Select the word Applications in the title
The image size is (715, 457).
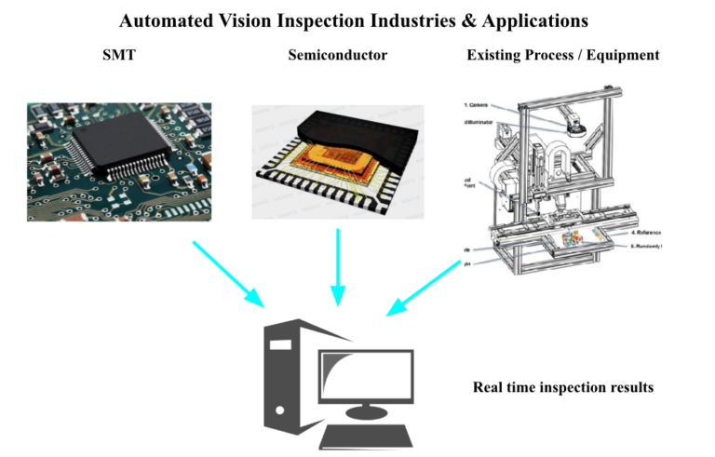(534, 20)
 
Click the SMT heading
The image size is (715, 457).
(118, 55)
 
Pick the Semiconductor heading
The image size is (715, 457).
(337, 55)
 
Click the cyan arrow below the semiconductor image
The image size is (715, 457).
(337, 266)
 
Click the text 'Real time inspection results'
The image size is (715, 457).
(562, 386)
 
